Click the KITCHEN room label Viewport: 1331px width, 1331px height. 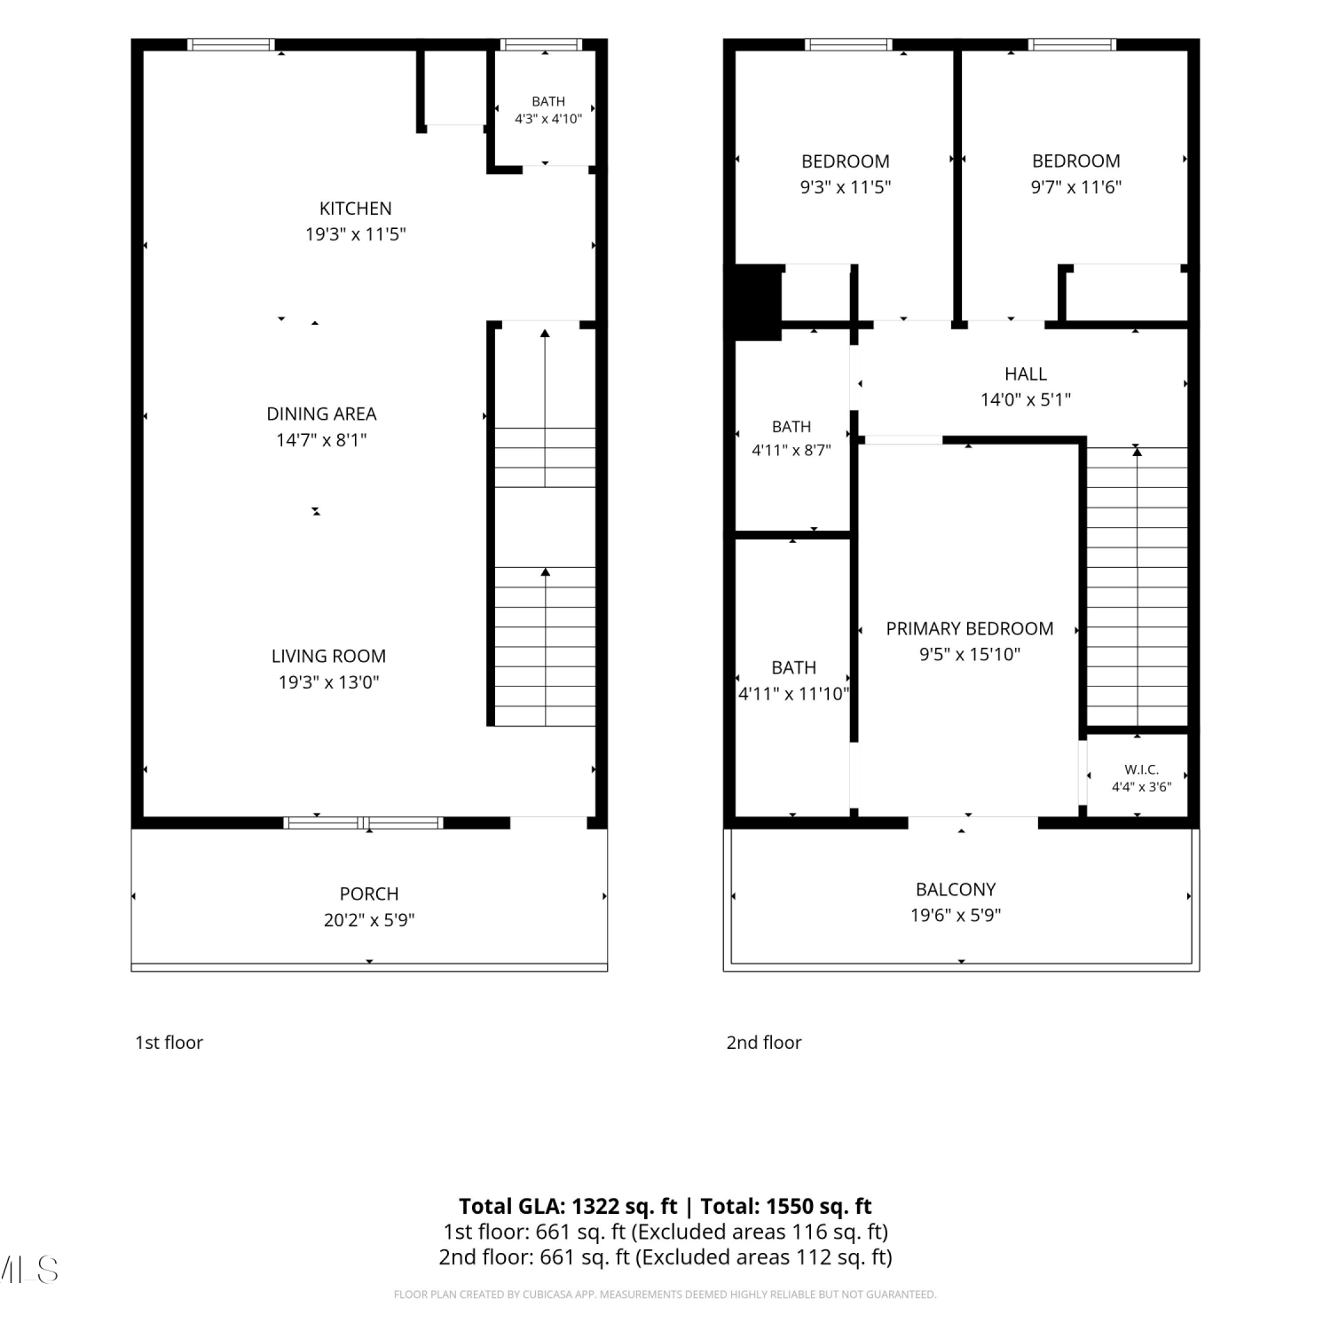pyautogui.click(x=355, y=209)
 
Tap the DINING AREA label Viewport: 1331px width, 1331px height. pyautogui.click(x=321, y=413)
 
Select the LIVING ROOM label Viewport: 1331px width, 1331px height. pyautogui.click(x=328, y=656)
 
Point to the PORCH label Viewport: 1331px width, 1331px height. pyautogui.click(x=369, y=894)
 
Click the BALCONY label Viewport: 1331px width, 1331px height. pyautogui.click(x=956, y=889)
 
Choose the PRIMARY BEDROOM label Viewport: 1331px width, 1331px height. pyautogui.click(x=970, y=628)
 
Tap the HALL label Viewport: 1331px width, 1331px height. pyautogui.click(x=1026, y=374)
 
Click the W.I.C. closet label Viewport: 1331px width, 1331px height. pyautogui.click(x=1141, y=769)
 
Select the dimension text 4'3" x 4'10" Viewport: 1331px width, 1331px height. pyautogui.click(x=548, y=118)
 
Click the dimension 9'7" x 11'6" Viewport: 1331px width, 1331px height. pyautogui.click(x=1075, y=186)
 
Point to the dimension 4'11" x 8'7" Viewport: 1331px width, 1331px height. pyautogui.click(x=792, y=450)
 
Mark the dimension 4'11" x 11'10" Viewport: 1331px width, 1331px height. pyautogui.click(x=794, y=693)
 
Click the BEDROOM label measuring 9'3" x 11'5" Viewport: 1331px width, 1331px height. pyautogui.click(x=845, y=161)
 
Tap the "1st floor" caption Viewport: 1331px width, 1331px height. pyautogui.click(x=169, y=1043)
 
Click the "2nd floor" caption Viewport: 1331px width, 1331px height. pyautogui.click(x=764, y=1043)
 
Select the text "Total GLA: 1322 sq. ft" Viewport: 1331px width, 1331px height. pyautogui.click(x=568, y=1206)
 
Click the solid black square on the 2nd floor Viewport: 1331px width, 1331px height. pyautogui.click(x=753, y=302)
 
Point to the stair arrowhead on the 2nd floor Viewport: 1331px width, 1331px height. pyautogui.click(x=1137, y=452)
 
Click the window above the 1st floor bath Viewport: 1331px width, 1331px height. pyautogui.click(x=541, y=44)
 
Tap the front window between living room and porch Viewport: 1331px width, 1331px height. pyautogui.click(x=363, y=823)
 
